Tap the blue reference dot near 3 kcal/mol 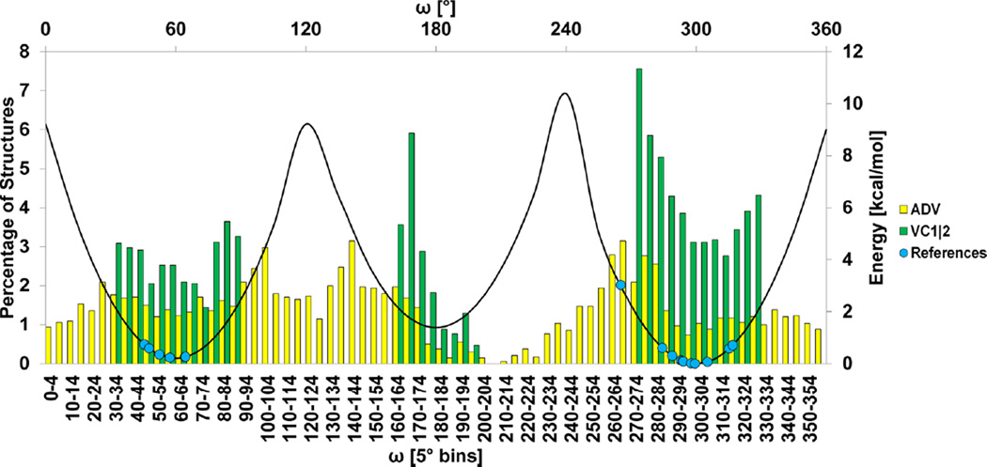pos(620,285)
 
